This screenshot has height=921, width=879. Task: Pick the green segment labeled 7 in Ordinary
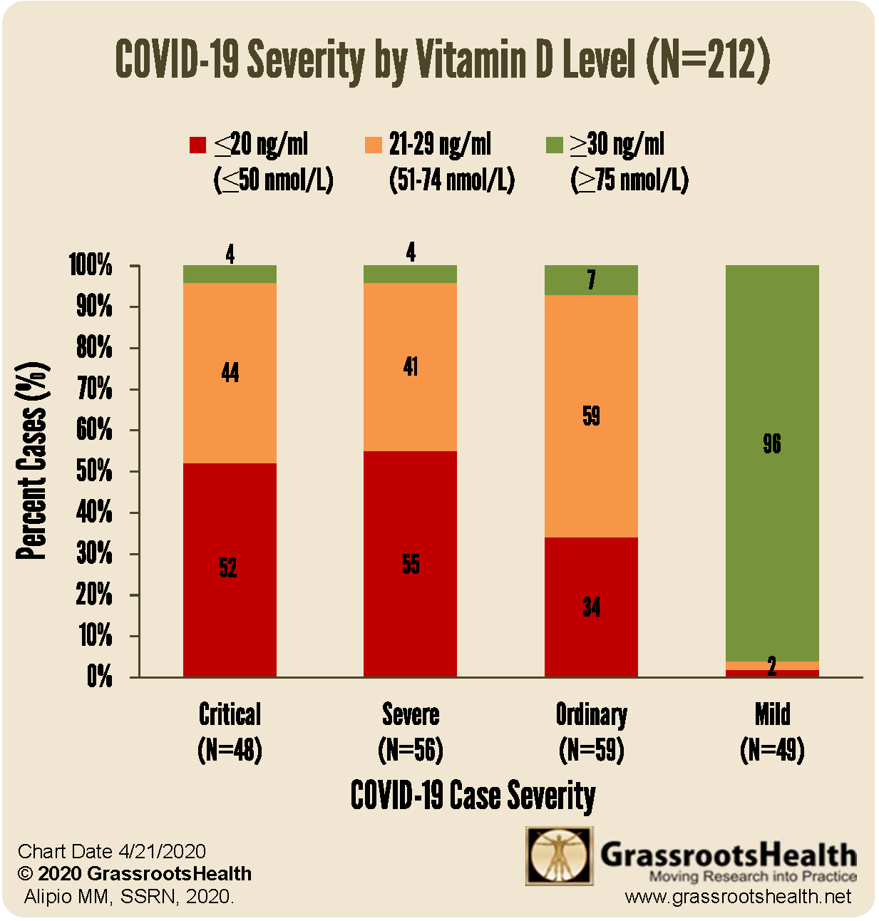click(591, 279)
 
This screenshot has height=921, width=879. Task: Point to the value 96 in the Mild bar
click(772, 444)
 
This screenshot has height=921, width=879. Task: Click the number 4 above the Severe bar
click(411, 252)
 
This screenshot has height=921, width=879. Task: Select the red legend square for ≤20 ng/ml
click(197, 145)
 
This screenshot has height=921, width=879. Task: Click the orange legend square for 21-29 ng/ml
click(373, 145)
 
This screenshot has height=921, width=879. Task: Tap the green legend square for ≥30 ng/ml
click(554, 145)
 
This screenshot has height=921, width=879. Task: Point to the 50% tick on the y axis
click(95, 471)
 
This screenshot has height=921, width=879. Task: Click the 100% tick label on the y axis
click(91, 265)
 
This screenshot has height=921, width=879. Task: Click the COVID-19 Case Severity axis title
click(473, 796)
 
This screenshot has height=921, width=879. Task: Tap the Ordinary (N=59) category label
click(591, 732)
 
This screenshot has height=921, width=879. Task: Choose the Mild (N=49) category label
click(772, 732)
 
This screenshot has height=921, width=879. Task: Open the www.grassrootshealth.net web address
click(738, 897)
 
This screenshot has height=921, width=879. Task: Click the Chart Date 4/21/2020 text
click(112, 851)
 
